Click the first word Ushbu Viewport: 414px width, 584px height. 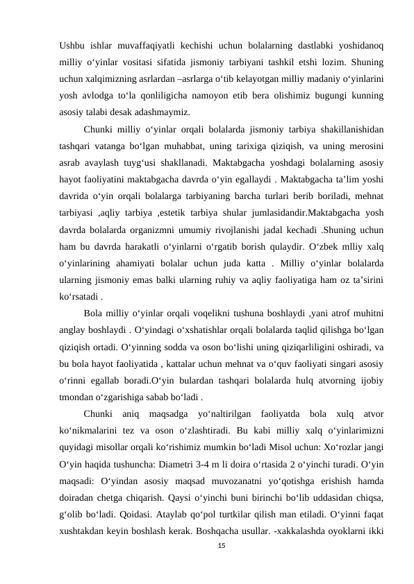point(72,46)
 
